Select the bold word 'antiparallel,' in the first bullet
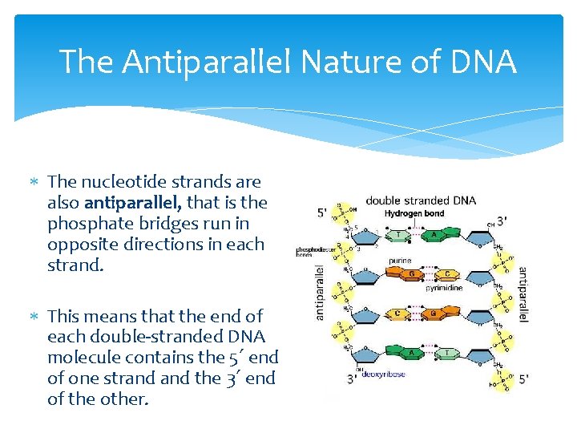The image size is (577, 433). (133, 203)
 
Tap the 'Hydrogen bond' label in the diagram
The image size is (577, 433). (414, 214)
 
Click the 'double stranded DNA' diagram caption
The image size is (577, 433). (421, 200)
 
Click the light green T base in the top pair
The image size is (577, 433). (398, 235)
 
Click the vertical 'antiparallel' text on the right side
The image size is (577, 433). (523, 294)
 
